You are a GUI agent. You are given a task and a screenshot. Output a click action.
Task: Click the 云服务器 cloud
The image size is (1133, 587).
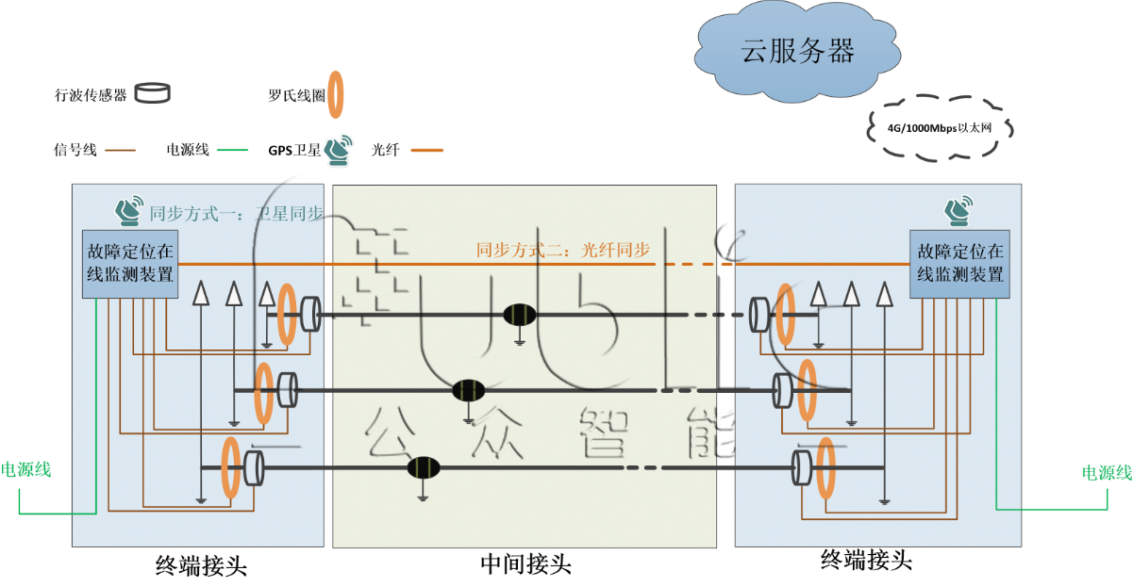[x=798, y=51]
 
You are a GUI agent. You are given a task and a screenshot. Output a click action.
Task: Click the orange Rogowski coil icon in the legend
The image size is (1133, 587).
[x=335, y=95]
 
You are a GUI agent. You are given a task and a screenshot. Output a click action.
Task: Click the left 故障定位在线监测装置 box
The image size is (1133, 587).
[x=130, y=264]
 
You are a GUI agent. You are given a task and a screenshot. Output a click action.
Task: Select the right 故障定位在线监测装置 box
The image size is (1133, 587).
[x=958, y=264]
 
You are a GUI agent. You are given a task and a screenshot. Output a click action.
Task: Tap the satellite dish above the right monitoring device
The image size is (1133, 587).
[x=962, y=211]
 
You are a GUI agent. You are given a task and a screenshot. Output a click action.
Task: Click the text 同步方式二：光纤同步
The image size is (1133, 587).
[x=563, y=251]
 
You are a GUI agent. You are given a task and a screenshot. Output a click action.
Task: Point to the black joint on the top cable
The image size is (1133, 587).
[x=519, y=315]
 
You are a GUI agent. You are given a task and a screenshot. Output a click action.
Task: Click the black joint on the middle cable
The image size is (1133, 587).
[x=468, y=389]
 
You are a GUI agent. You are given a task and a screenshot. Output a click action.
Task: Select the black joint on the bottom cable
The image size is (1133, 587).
[x=423, y=467]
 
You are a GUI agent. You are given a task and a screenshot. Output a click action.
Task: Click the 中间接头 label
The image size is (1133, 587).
[x=525, y=564]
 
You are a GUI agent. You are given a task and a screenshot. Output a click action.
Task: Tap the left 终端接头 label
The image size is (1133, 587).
[x=201, y=565]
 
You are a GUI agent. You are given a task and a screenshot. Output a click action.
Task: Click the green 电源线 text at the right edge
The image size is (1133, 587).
[x=1106, y=473]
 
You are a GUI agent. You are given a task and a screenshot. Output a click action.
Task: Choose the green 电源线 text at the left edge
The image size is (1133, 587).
[x=26, y=470]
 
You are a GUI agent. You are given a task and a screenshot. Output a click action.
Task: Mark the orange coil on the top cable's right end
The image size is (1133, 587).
[x=785, y=313]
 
